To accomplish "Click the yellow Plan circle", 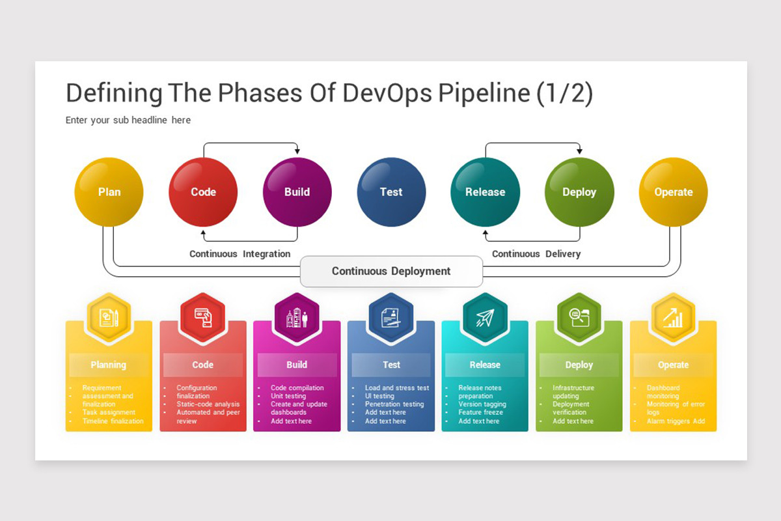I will (x=109, y=192).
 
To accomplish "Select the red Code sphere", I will (x=203, y=192).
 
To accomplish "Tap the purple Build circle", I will (x=297, y=192).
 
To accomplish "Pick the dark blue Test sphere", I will (x=391, y=192).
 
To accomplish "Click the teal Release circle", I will (x=485, y=192).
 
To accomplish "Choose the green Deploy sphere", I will (x=579, y=192).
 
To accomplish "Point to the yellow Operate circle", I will (x=673, y=192).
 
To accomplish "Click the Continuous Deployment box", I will (x=391, y=271).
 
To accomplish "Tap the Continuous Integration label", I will (x=240, y=254).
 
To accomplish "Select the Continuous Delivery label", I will (x=536, y=254).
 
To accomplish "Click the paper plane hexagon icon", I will (x=485, y=318).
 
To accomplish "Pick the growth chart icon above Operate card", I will (x=673, y=318).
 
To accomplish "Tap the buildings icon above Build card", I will (x=297, y=318).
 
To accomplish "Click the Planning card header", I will (x=109, y=365).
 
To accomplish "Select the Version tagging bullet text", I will (x=482, y=404).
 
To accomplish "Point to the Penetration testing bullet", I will (x=394, y=404).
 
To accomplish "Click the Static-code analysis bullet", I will (x=208, y=404).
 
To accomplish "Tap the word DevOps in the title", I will (x=387, y=94).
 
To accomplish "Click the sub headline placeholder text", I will (x=128, y=120).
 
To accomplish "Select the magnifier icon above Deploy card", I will (x=579, y=318).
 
